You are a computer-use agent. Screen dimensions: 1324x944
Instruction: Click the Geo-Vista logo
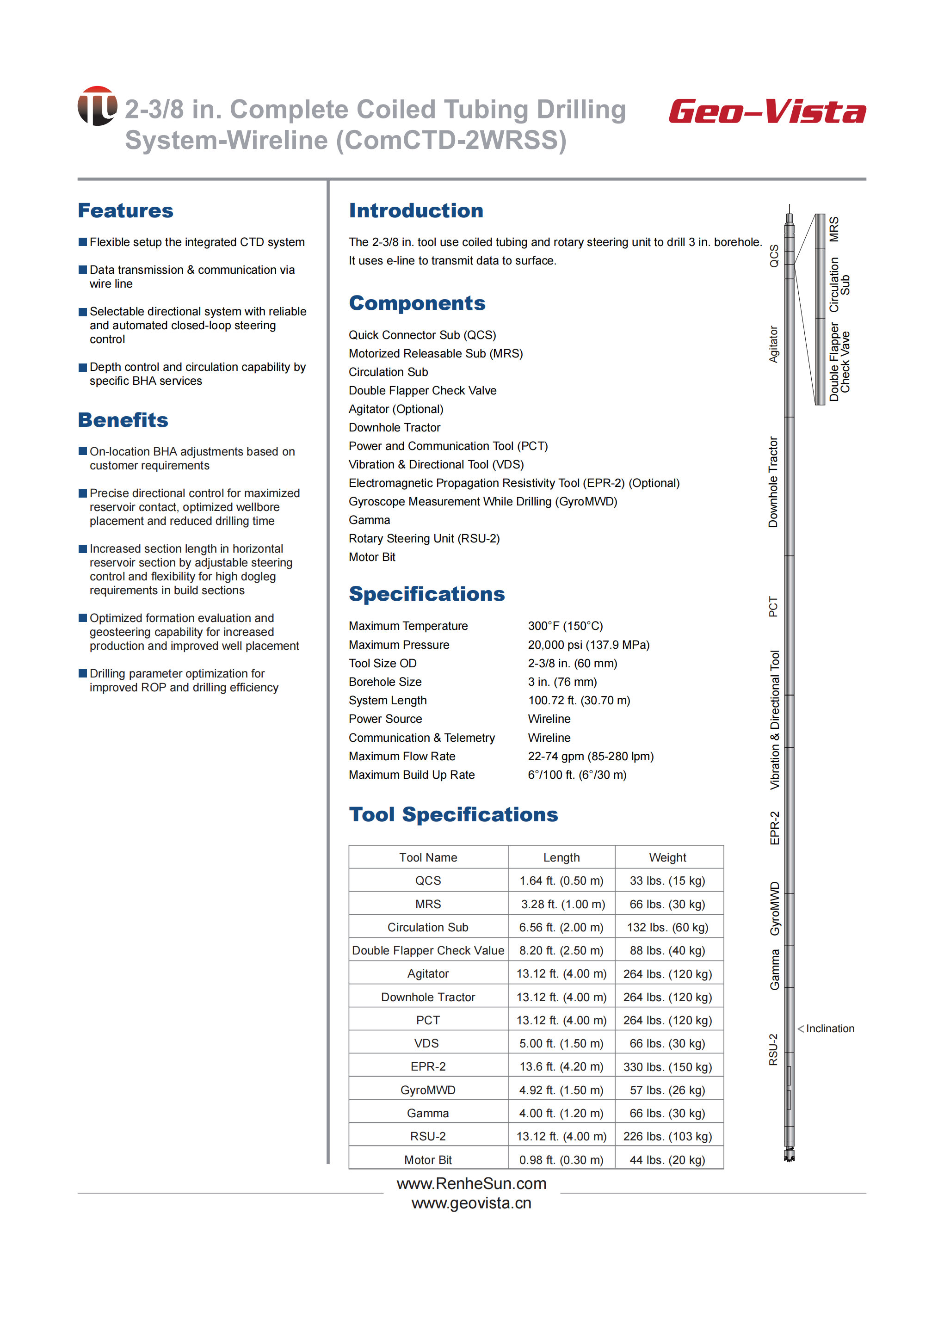pyautogui.click(x=767, y=111)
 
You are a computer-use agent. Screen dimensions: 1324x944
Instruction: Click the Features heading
pyautogui.click(x=125, y=210)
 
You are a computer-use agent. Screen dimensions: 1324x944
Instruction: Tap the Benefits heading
pyautogui.click(x=123, y=419)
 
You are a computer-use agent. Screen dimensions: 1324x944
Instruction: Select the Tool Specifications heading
pyautogui.click(x=453, y=814)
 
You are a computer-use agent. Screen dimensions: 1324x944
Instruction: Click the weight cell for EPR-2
pyautogui.click(x=667, y=1066)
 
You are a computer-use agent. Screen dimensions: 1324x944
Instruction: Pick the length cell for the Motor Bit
pyautogui.click(x=561, y=1159)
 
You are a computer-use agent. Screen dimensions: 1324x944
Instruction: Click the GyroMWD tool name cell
pyautogui.click(x=428, y=1090)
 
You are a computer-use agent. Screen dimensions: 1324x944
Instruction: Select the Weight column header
pyautogui.click(x=667, y=857)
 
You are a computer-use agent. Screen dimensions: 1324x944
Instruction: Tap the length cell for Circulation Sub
pyautogui.click(x=561, y=927)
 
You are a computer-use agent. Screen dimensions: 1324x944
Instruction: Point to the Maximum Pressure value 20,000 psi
pyautogui.click(x=588, y=645)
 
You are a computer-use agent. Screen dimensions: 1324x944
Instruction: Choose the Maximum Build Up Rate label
pyautogui.click(x=412, y=775)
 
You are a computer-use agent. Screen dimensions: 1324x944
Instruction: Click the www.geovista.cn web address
pyautogui.click(x=471, y=1203)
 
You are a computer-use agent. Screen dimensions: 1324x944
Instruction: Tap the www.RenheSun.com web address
pyautogui.click(x=471, y=1183)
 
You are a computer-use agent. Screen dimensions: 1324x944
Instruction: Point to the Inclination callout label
pyautogui.click(x=829, y=1029)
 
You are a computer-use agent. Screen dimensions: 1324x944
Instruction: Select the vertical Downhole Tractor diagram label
pyautogui.click(x=773, y=482)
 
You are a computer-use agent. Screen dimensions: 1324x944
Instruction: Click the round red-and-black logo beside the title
pyautogui.click(x=97, y=106)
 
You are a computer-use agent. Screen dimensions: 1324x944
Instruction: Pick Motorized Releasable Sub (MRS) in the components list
pyautogui.click(x=435, y=353)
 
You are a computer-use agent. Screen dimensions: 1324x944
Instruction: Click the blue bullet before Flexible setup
pyautogui.click(x=82, y=242)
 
